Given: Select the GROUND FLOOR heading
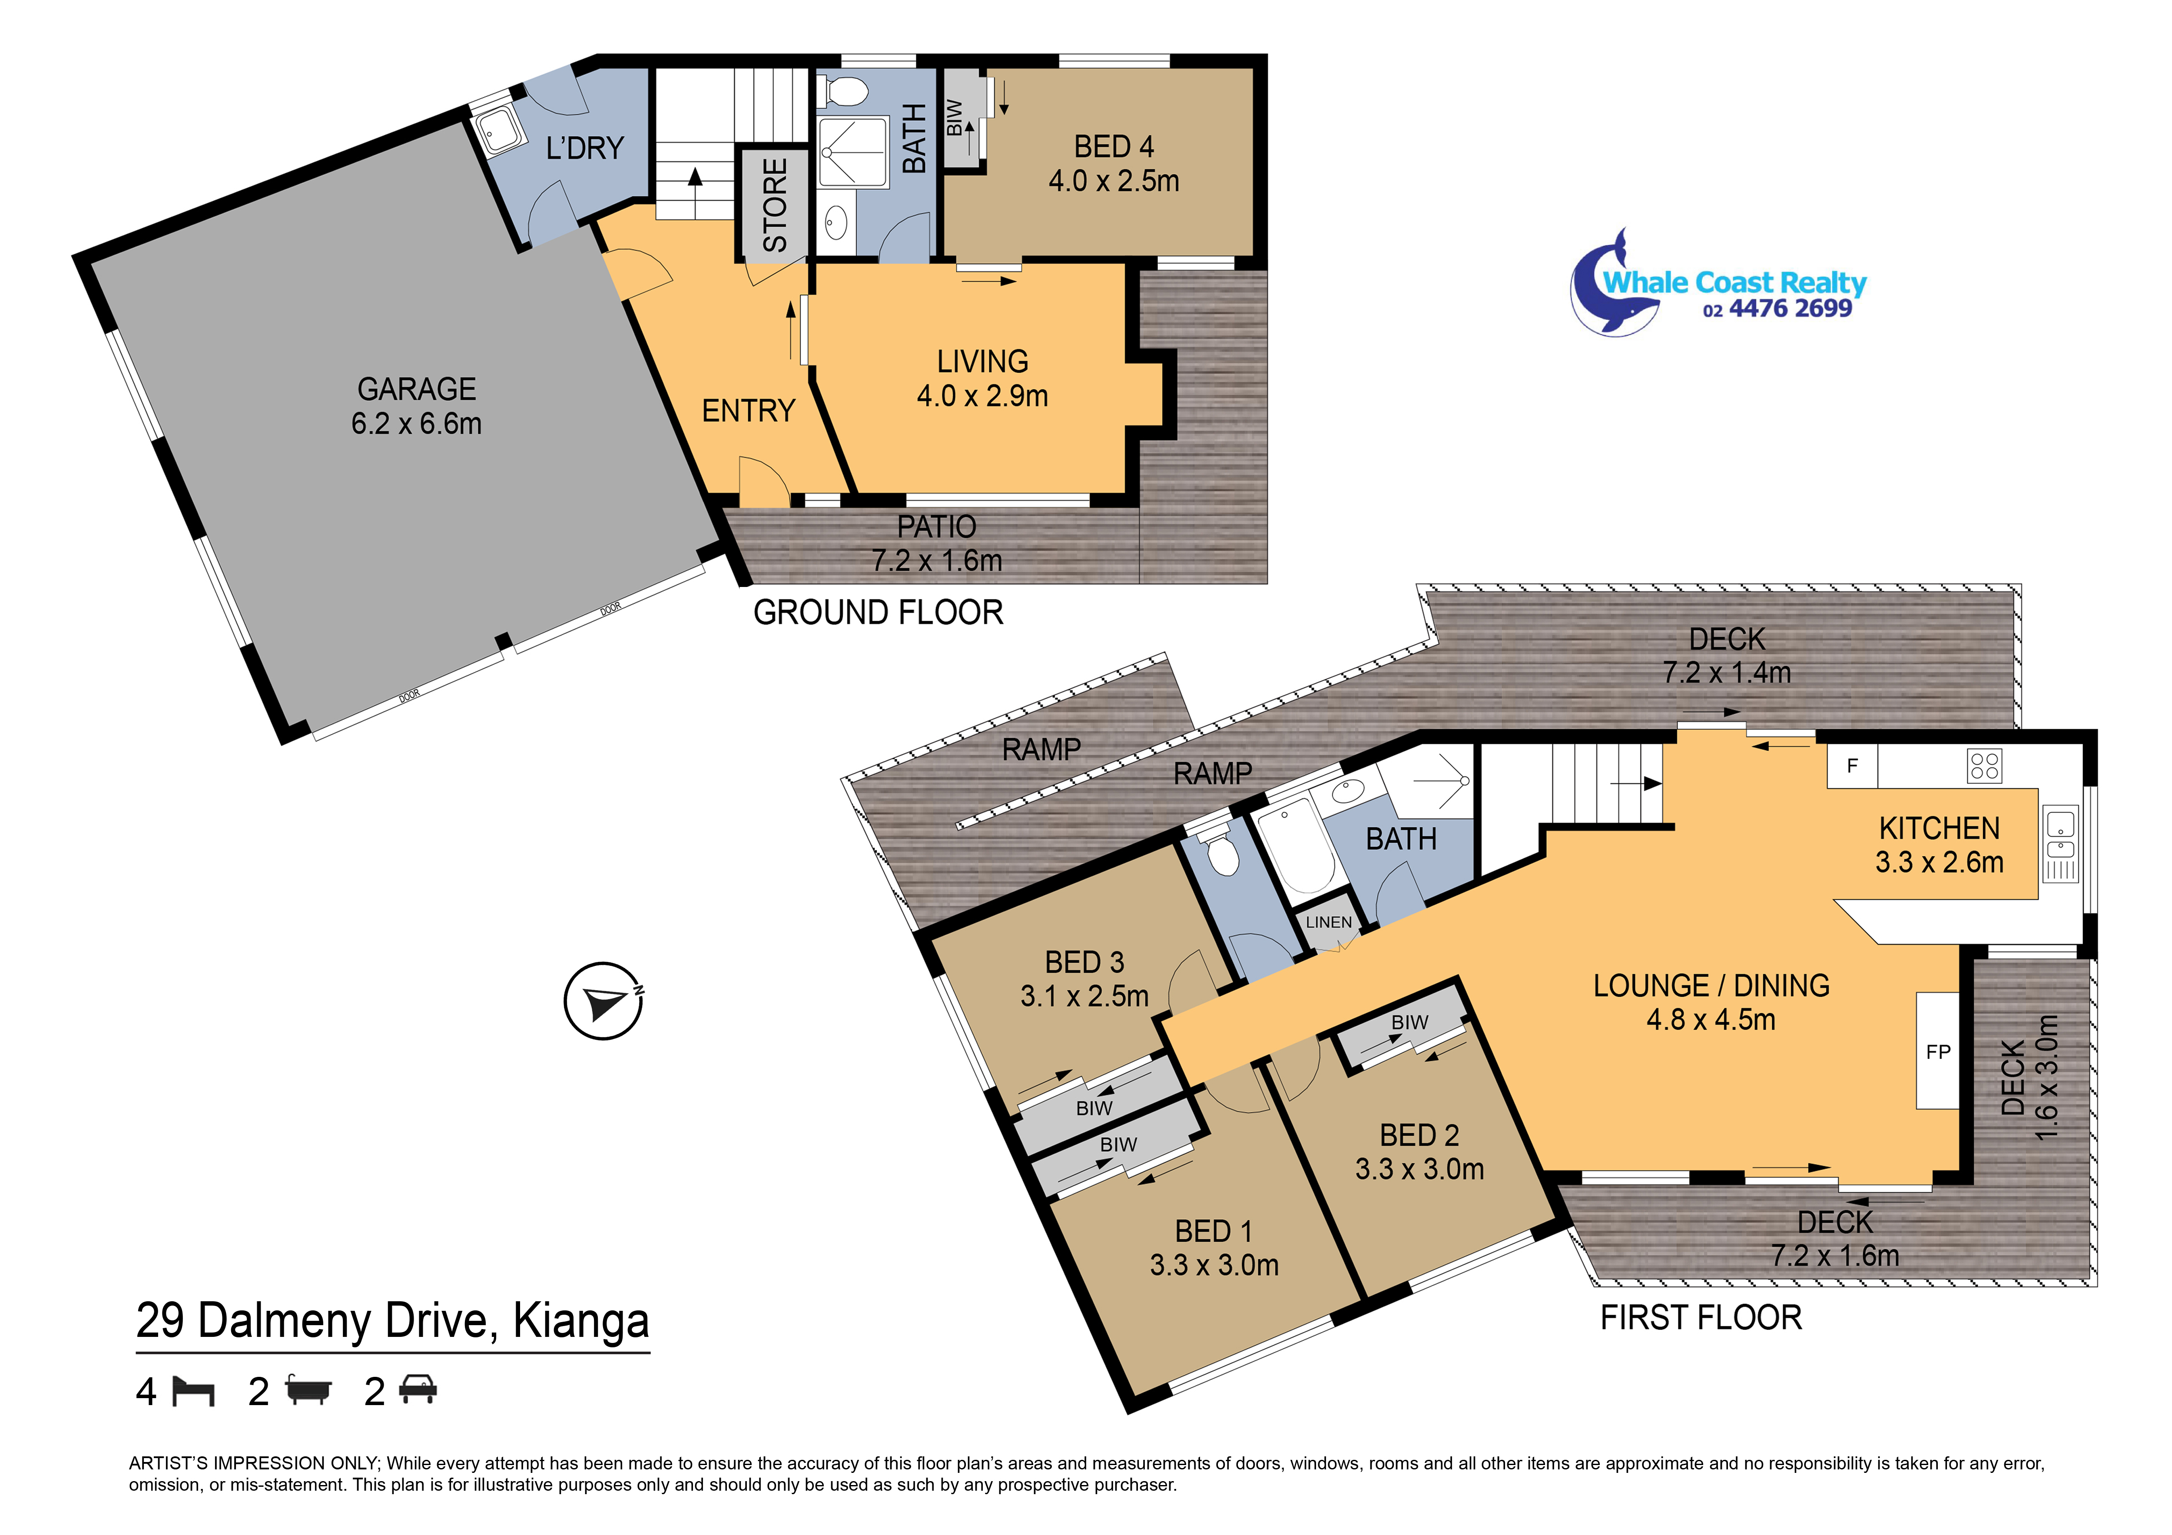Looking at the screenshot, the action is (x=878, y=613).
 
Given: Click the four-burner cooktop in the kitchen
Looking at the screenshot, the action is (x=1984, y=766).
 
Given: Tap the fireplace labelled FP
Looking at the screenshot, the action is (x=1937, y=1051).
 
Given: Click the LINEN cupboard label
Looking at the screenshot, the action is (x=1328, y=922).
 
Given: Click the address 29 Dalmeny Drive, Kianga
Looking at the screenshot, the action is (x=393, y=1321).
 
